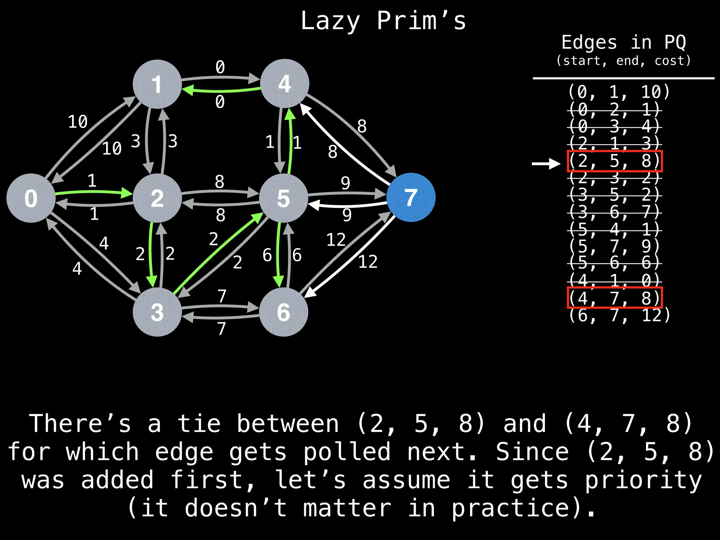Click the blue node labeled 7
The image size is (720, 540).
(x=411, y=198)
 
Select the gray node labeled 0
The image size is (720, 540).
(x=31, y=198)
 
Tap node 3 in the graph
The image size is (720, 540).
(x=157, y=312)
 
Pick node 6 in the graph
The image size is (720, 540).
(x=283, y=312)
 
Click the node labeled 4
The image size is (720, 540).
(x=284, y=84)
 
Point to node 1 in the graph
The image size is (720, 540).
(x=157, y=84)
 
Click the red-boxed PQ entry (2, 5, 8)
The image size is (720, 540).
(x=615, y=161)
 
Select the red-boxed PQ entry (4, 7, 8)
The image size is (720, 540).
(x=615, y=298)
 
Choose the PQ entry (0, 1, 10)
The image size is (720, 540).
(x=619, y=92)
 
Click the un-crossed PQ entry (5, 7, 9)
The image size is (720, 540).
(x=615, y=246)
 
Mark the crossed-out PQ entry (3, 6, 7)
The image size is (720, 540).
(x=615, y=212)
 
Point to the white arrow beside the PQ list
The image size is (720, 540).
(x=546, y=163)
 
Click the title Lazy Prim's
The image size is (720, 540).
(x=383, y=21)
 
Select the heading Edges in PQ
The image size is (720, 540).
(x=623, y=43)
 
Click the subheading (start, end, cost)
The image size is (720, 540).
(x=623, y=61)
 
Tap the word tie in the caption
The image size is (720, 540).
(x=199, y=423)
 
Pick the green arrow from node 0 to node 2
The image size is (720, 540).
(x=94, y=192)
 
